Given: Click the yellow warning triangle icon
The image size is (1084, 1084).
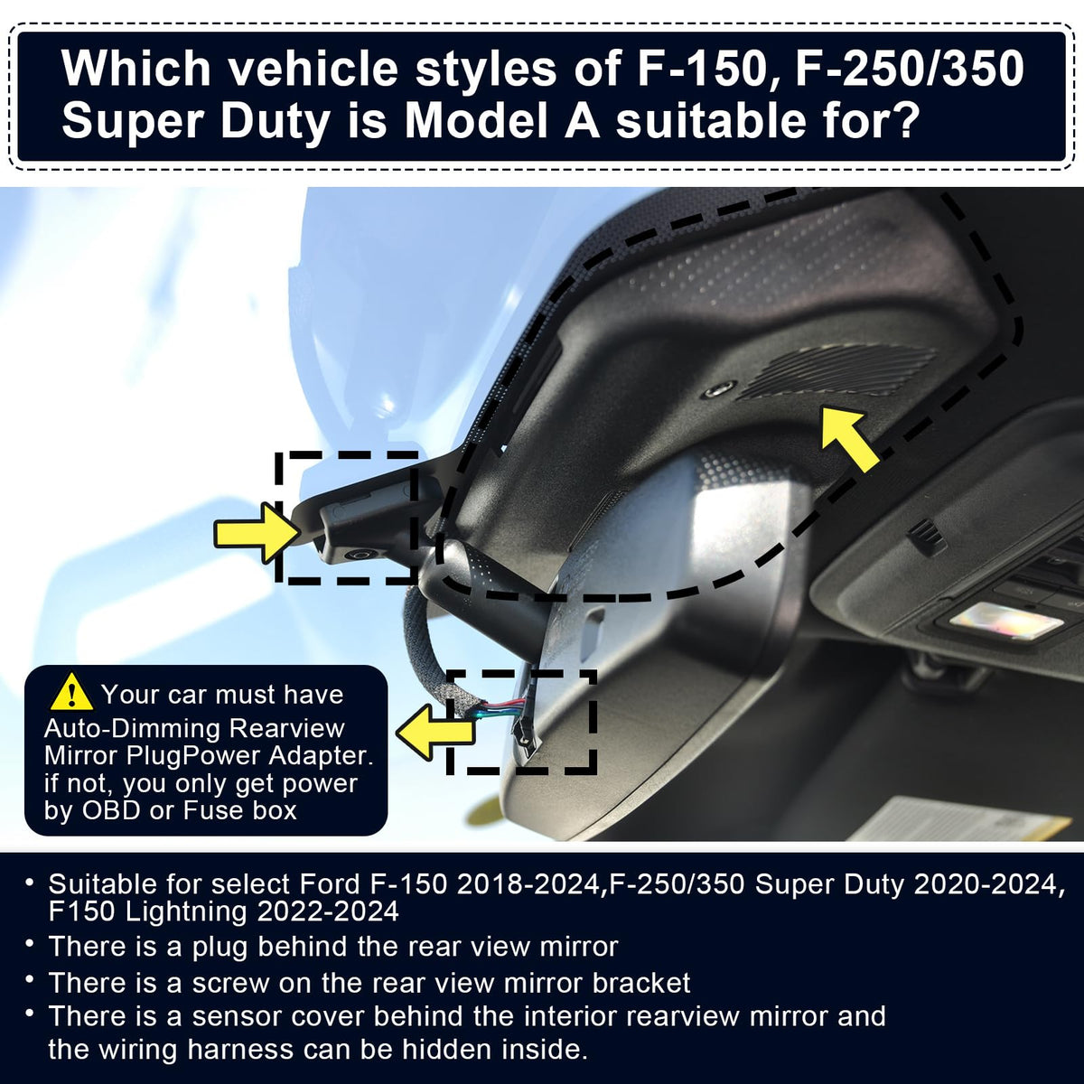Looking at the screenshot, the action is pyautogui.click(x=71, y=693).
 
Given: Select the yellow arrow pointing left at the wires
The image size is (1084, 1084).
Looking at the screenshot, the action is pyautogui.click(x=435, y=732).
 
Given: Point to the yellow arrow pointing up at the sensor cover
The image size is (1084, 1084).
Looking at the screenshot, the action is pyautogui.click(x=848, y=438).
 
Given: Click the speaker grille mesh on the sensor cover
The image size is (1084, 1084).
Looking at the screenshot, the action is pyautogui.click(x=837, y=372).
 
